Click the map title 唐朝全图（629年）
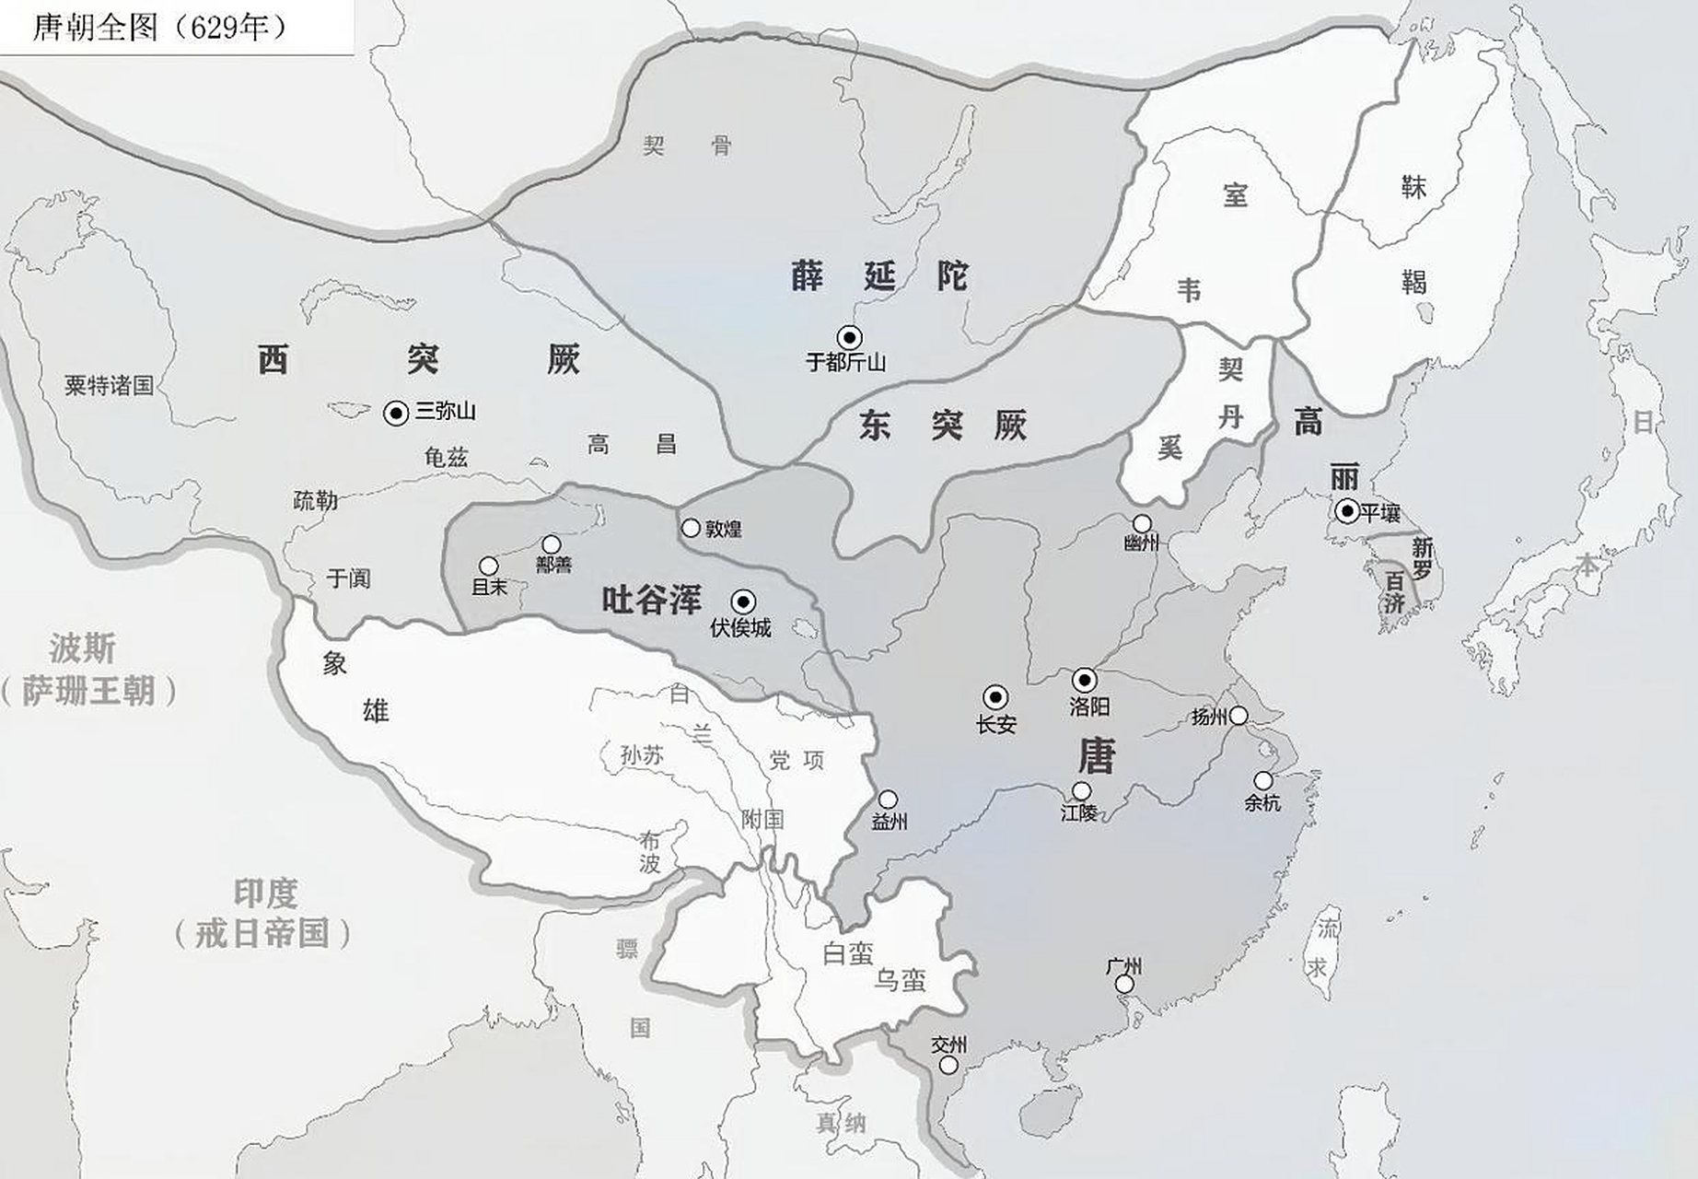(161, 28)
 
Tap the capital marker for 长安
(994, 697)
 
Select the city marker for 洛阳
(1085, 681)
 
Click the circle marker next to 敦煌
(691, 528)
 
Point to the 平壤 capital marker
(1347, 510)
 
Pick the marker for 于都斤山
(849, 337)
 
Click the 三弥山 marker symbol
(396, 414)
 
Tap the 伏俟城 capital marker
(743, 602)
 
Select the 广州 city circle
(1124, 984)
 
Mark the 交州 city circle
(948, 1065)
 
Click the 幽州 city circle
(1142, 524)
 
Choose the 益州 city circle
(888, 799)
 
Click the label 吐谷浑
(651, 600)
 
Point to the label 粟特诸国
(109, 385)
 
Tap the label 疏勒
(316, 500)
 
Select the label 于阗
(348, 578)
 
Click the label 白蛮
(847, 953)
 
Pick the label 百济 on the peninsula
(1394, 592)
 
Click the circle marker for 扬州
(1239, 716)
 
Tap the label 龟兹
(447, 457)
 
